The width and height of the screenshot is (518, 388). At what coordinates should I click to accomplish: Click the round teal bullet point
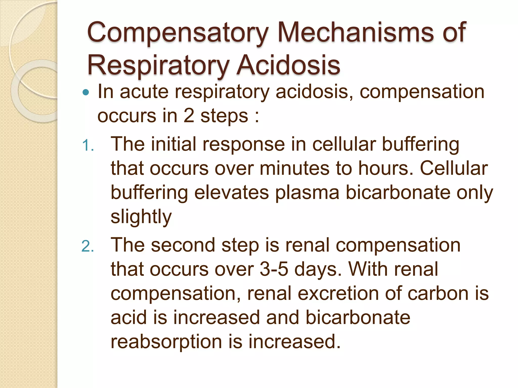86,92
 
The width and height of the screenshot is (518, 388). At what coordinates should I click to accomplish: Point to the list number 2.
88,246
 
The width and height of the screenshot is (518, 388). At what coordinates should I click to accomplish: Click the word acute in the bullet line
144,91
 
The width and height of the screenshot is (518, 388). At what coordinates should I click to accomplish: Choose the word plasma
307,192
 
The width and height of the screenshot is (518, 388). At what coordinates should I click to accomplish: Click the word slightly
141,217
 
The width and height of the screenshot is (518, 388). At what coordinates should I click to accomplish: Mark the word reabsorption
166,342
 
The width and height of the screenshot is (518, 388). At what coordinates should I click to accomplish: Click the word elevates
231,192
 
